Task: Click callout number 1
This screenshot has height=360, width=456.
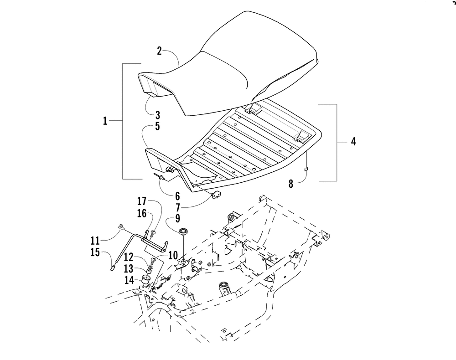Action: (x=105, y=121)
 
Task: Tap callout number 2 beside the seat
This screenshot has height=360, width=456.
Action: (x=159, y=51)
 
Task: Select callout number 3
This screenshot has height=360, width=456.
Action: (x=157, y=114)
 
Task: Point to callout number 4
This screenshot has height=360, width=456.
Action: (x=353, y=142)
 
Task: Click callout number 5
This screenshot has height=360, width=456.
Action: (x=157, y=126)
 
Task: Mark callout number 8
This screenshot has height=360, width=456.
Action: (x=291, y=185)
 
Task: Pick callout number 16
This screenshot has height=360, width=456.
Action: (x=141, y=213)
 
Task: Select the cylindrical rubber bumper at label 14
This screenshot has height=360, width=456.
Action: (x=146, y=279)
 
